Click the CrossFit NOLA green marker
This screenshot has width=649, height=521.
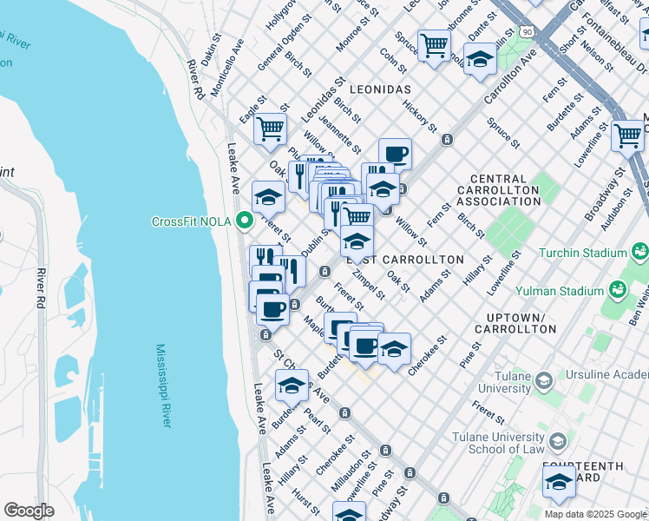(x=246, y=221)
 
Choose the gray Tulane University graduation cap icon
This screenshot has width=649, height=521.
(x=543, y=380)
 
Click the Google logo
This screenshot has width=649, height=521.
(x=29, y=511)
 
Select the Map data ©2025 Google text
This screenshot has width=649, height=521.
(x=594, y=514)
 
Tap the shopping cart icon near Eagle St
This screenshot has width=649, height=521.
(x=270, y=129)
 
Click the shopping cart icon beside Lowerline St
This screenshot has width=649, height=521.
(x=627, y=135)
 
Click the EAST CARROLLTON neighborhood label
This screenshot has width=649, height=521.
(x=406, y=260)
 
